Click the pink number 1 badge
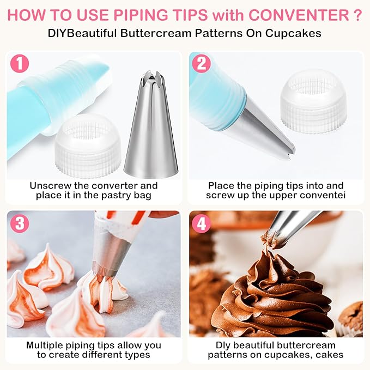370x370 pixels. (20, 63)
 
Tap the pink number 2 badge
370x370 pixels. (201, 63)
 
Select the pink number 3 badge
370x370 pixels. (20, 223)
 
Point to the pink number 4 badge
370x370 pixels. (201, 223)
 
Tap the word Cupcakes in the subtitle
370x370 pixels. (293, 33)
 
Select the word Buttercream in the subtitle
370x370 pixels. (156, 33)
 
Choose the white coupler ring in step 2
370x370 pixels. (314, 101)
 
